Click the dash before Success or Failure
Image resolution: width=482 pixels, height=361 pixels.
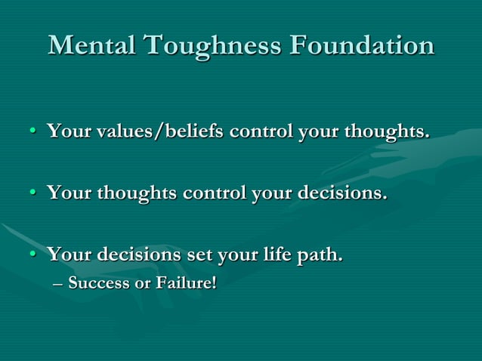[59, 285]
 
